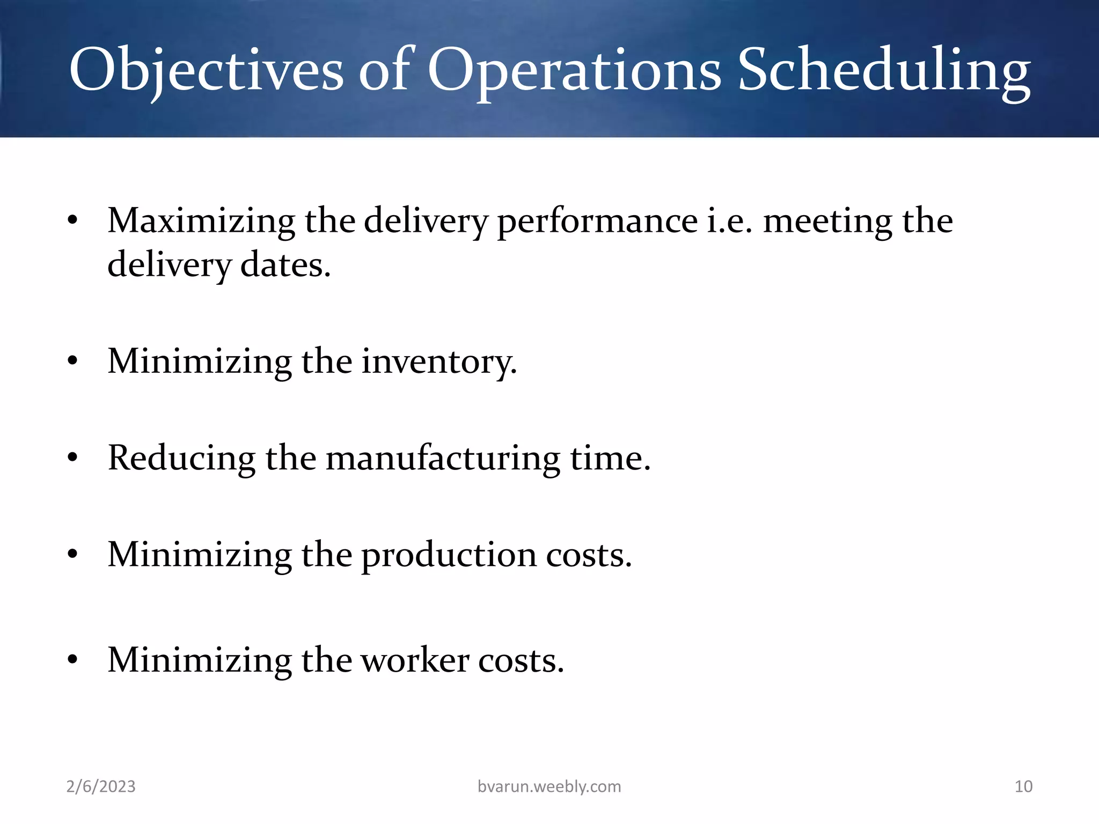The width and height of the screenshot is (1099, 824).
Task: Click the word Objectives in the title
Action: point(206,70)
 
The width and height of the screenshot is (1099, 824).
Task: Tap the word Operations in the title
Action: point(574,70)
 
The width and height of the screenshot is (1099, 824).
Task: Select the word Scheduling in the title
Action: point(884,70)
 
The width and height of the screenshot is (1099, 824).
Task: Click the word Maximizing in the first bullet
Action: point(201,220)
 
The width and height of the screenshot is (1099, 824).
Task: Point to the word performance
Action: point(597,222)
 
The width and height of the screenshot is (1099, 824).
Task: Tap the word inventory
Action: point(439,362)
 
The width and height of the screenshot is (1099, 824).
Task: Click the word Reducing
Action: point(181,459)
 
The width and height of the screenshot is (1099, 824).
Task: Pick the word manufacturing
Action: point(443,459)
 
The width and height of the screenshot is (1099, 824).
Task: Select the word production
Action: point(449,555)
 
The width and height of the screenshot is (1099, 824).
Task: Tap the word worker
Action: point(415,660)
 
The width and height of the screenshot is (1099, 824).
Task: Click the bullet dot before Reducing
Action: point(73,459)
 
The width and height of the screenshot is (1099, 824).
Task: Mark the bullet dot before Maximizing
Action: point(73,220)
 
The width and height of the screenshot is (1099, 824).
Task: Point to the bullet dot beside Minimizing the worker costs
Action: point(73,660)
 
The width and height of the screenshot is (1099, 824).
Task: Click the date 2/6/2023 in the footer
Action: point(101,786)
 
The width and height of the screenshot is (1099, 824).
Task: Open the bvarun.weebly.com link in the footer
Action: point(549,786)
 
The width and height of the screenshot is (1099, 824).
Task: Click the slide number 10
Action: point(1023,786)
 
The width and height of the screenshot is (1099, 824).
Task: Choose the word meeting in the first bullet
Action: point(827,220)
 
